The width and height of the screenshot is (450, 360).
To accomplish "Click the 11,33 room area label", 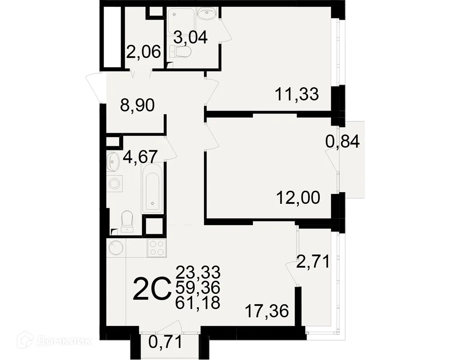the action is click(297, 94).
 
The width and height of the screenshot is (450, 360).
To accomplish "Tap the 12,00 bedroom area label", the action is click(298, 198).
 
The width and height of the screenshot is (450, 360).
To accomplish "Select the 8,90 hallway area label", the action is click(137, 105).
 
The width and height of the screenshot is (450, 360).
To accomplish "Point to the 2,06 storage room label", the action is click(143, 52).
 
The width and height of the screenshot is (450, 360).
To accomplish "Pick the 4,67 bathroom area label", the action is click(140, 157).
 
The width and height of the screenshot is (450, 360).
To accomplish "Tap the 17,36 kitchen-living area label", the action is click(266, 311).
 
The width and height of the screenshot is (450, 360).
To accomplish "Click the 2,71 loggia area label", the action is click(313, 261).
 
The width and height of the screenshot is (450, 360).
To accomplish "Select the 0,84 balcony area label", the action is click(342, 142).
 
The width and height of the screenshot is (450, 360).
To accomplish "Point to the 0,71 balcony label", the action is click(166, 342).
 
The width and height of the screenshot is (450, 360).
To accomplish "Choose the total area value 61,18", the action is click(198, 302).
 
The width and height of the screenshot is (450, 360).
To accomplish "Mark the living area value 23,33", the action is click(198, 272).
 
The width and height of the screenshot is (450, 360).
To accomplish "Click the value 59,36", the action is click(198, 287).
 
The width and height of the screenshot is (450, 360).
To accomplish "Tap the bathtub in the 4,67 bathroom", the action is click(153, 189).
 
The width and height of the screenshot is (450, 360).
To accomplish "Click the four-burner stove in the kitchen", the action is click(157, 248).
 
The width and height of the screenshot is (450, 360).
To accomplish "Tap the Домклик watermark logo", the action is click(54, 341).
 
